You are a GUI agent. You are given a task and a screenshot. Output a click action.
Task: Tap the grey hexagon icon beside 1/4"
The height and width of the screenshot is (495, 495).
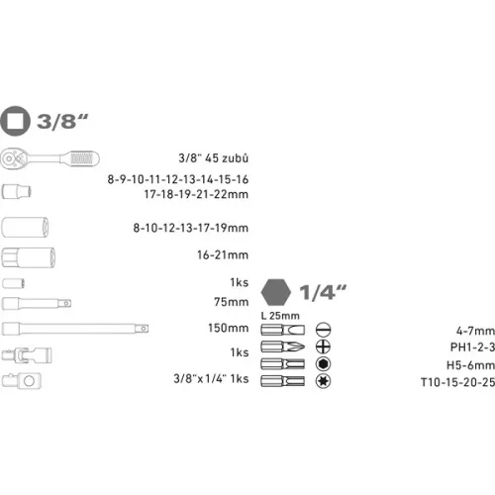tap(276, 292)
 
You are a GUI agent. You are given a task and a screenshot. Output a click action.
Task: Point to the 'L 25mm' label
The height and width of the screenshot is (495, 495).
tap(277, 314)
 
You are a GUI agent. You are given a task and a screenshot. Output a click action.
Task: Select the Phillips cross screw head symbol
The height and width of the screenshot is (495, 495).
tap(321, 346)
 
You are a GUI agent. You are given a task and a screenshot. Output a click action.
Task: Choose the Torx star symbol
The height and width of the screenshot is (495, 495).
tap(321, 382)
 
